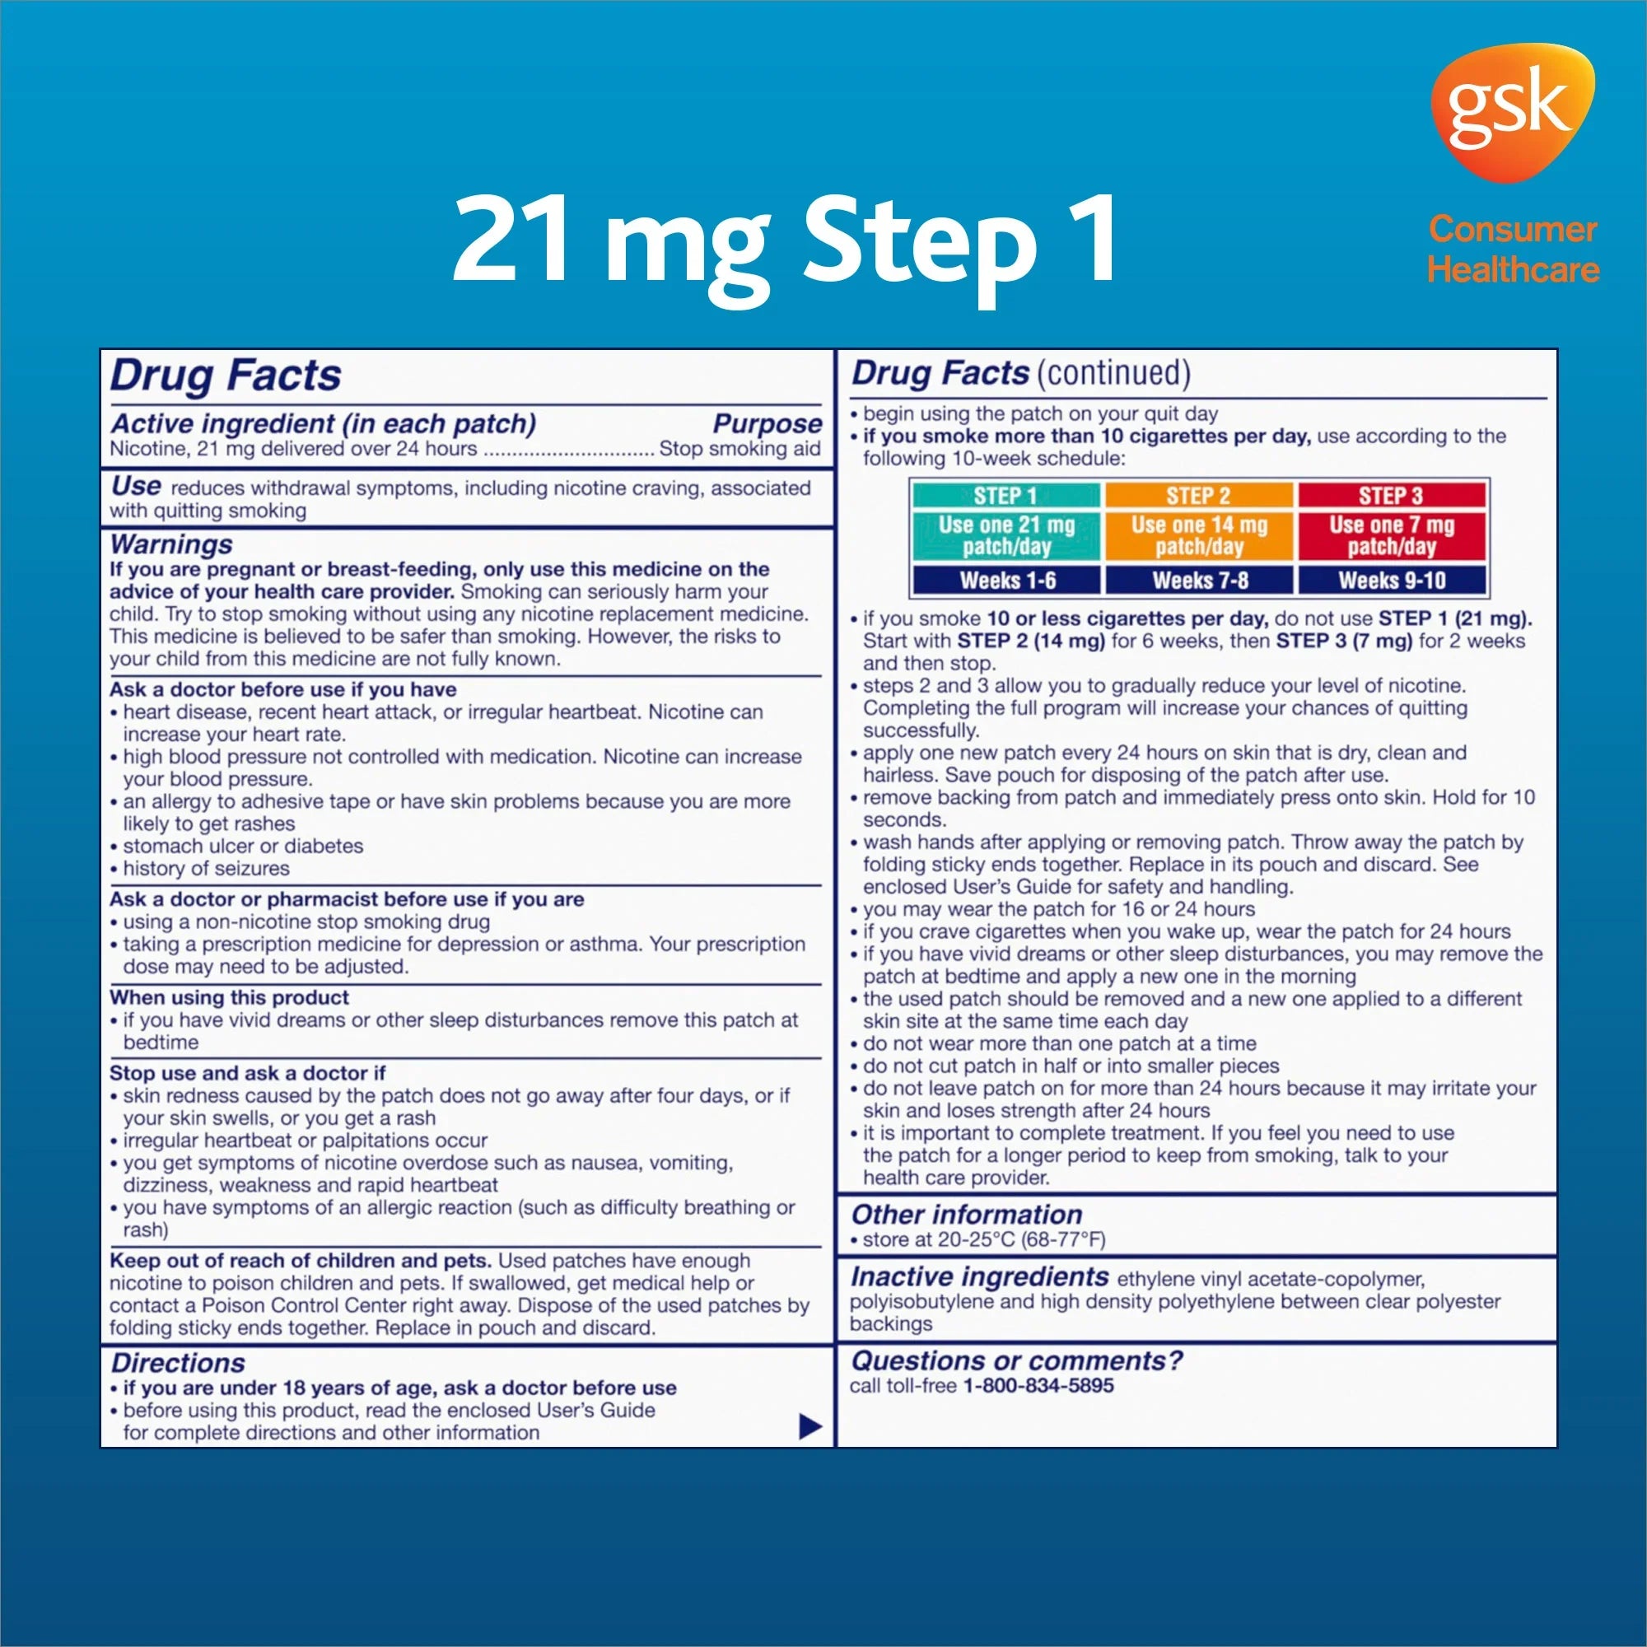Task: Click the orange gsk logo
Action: click(1511, 114)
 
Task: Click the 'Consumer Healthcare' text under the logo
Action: click(1513, 249)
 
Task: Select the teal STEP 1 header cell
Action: click(1006, 495)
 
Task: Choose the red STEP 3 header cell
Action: click(1391, 495)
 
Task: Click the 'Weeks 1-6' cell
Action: click(1006, 581)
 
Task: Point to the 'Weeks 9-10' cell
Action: click(1391, 581)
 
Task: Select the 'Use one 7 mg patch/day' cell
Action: click(1391, 536)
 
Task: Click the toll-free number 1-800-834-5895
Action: click(1038, 1385)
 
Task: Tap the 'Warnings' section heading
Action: click(171, 544)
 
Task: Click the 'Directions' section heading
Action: click(178, 1362)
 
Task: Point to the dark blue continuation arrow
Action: click(810, 1426)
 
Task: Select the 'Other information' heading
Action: click(966, 1214)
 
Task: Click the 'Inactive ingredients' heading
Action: click(978, 1276)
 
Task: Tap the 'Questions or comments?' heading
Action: click(1017, 1360)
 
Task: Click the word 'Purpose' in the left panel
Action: click(768, 423)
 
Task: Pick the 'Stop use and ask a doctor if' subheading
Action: click(247, 1072)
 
